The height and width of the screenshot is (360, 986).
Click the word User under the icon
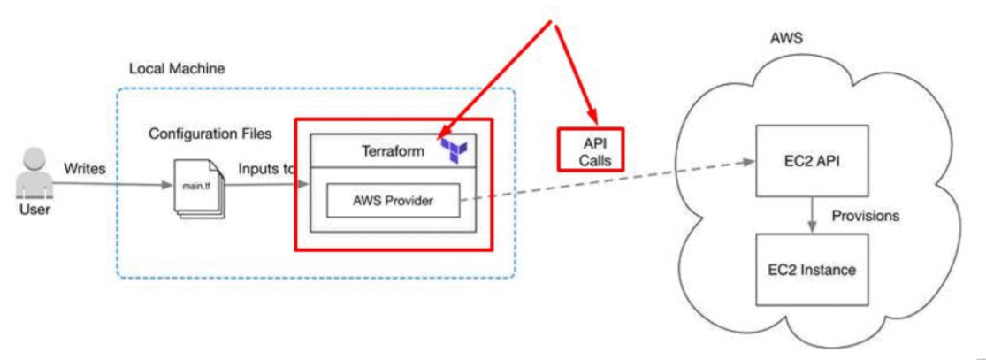pos(31,211)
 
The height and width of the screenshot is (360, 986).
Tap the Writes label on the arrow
pos(86,167)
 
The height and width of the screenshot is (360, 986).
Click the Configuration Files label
pos(210,134)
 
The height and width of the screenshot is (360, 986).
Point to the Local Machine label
pos(177,68)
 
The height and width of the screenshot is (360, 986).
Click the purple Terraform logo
pos(454,150)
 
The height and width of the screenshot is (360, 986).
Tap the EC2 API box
pos(804,161)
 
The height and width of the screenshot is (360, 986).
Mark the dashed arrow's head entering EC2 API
pos(747,161)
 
